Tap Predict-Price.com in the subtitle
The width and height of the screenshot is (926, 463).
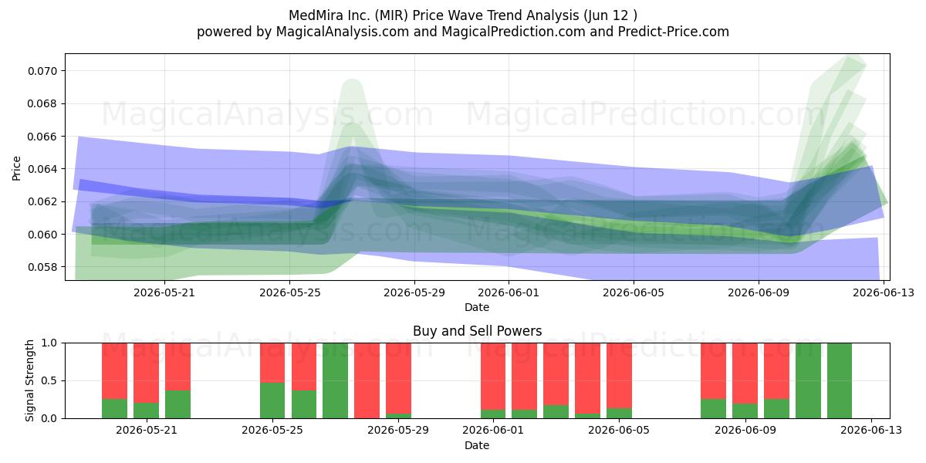point(674,32)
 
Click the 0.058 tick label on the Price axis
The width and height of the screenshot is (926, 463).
point(42,267)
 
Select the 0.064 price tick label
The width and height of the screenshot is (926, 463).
point(42,169)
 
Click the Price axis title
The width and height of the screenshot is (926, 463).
point(16,168)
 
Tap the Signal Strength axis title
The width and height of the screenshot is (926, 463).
point(29,380)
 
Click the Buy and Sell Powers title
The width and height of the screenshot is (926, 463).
point(477,331)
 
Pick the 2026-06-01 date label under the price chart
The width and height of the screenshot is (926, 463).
point(509,292)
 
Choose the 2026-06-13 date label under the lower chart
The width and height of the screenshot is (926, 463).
point(871,430)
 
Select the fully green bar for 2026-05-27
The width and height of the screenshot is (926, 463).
point(335,380)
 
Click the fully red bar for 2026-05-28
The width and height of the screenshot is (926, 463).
point(367,380)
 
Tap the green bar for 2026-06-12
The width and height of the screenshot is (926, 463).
point(840,380)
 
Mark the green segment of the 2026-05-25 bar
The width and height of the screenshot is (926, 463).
point(272,400)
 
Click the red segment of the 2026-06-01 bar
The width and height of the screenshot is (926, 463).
point(493,377)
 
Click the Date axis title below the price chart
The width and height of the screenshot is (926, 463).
point(477,307)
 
